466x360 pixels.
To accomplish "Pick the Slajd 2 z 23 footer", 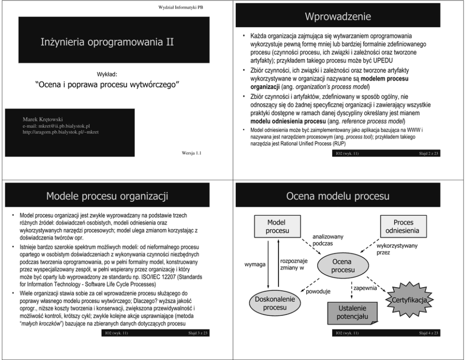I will click(427, 153).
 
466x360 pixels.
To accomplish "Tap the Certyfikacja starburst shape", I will click(409, 299).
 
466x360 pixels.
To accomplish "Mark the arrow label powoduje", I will click(318, 291).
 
